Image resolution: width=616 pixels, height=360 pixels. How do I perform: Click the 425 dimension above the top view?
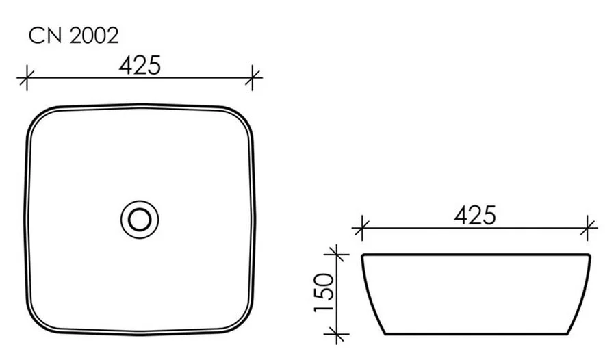point(140,66)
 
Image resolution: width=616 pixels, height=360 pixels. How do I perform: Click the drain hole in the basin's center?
point(140,219)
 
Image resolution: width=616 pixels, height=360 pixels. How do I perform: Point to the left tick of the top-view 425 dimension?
point(26,78)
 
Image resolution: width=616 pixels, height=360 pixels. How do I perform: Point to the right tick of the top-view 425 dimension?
point(253,78)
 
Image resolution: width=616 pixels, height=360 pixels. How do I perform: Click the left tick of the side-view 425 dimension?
point(361,227)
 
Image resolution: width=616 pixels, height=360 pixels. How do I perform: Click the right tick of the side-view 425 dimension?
point(589,227)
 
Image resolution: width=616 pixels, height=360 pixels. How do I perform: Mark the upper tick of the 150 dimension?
point(335,255)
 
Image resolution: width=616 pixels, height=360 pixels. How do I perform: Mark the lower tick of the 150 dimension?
point(335,335)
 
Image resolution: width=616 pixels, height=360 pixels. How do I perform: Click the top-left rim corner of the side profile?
point(362,255)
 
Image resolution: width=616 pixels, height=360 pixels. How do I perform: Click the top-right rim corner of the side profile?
point(589,255)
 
